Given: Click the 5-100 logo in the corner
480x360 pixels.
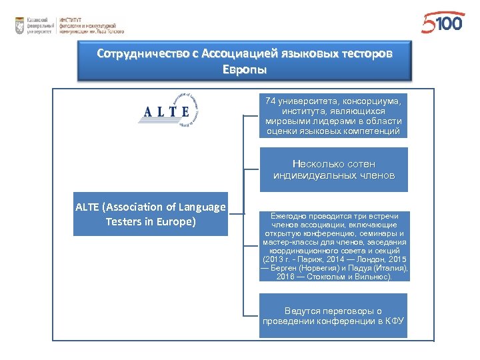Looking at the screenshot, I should [x=442, y=24].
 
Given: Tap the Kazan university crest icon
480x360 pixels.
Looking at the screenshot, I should [x=20, y=26].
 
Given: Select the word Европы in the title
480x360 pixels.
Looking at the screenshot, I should [x=245, y=69].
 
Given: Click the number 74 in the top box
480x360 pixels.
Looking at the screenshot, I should [x=270, y=101].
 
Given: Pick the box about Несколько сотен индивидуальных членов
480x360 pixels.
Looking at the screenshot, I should [x=333, y=169].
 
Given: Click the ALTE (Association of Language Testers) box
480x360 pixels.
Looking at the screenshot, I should [x=151, y=214].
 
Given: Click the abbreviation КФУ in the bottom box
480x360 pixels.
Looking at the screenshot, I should [x=394, y=321].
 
